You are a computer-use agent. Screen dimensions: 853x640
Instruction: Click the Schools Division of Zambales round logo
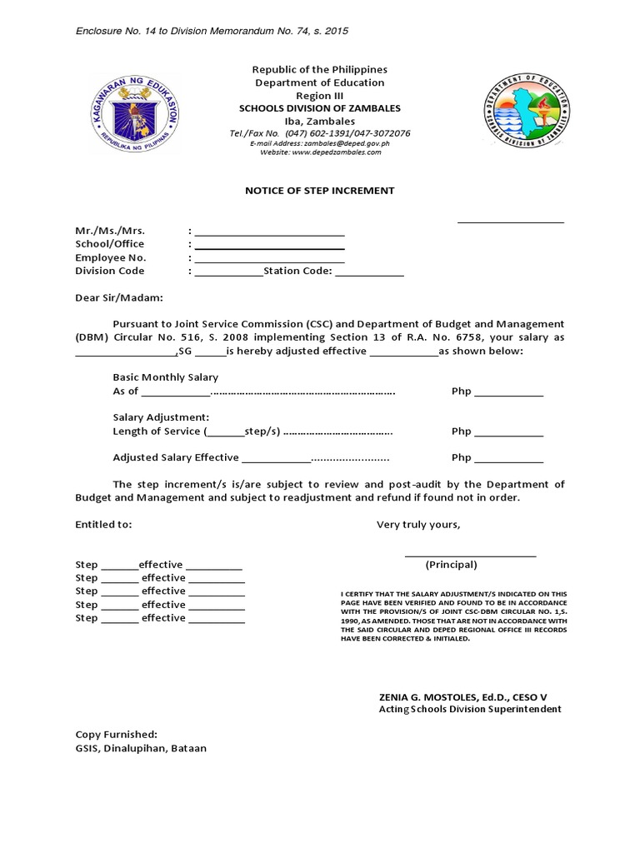[527, 109]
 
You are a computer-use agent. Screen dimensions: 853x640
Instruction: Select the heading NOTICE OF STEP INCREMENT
[319, 191]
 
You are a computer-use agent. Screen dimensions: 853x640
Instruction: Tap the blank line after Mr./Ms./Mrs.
[269, 232]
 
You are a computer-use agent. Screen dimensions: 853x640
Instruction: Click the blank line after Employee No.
[269, 258]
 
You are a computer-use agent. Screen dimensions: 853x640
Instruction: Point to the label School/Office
[109, 244]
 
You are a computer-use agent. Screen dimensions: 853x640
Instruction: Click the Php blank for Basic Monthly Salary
[509, 392]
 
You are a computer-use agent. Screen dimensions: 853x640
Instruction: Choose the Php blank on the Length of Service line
[509, 432]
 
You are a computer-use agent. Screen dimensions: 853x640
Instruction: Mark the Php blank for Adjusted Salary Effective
[509, 459]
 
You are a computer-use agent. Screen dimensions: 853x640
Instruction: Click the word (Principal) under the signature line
[451, 565]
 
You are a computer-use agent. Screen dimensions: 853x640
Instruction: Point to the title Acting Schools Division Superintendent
[470, 709]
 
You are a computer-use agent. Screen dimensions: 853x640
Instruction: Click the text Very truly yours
[417, 525]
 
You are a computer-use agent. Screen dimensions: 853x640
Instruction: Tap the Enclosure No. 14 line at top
[212, 31]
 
